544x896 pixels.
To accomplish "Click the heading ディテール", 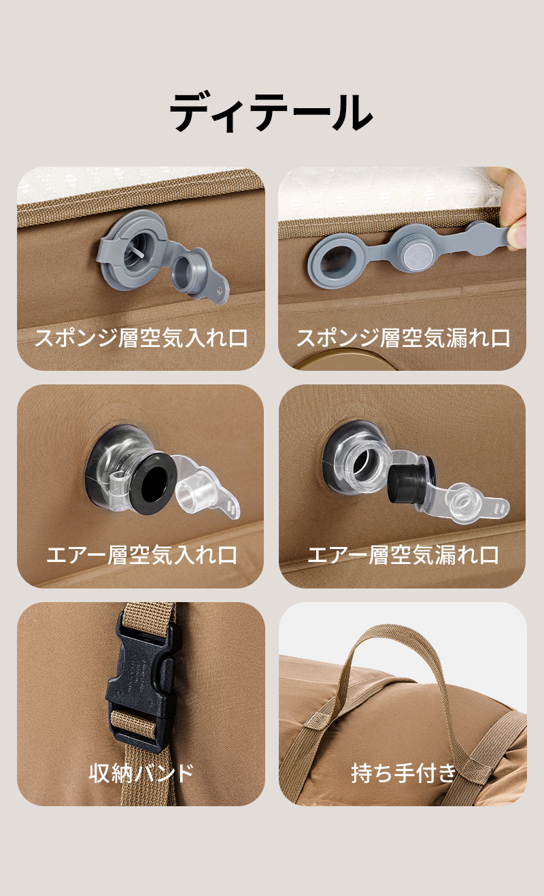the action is coord(272,113).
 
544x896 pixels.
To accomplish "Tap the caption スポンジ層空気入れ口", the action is coord(141,338).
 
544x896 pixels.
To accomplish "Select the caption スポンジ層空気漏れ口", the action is coord(403,338).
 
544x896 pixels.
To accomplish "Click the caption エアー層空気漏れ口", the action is coord(403,555).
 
